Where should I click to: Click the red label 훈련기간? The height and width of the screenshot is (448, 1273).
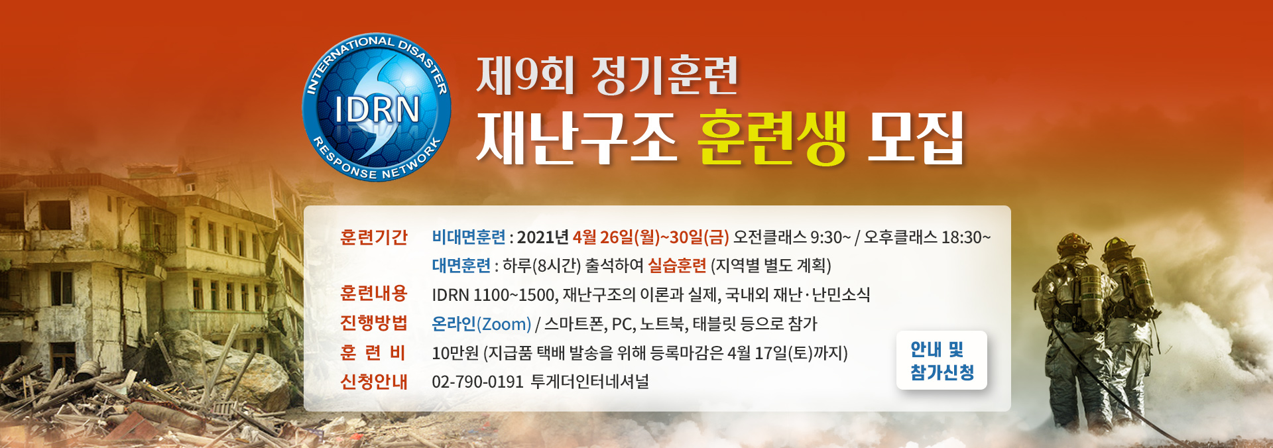pos(373,237)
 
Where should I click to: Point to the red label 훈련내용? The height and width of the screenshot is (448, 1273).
pos(373,294)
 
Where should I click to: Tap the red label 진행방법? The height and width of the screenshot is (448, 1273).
pos(373,323)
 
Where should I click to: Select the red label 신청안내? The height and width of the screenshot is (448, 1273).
pos(373,382)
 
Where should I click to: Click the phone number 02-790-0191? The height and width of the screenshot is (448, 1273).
pos(477,382)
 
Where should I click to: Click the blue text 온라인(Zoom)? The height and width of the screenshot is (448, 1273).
pos(481,324)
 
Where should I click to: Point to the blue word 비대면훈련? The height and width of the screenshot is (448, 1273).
pos(468,237)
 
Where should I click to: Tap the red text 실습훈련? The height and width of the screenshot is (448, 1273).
pos(677,266)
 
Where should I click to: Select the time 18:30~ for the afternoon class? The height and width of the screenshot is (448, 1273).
pos(966,237)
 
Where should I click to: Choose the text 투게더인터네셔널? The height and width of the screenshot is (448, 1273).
pos(590,382)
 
